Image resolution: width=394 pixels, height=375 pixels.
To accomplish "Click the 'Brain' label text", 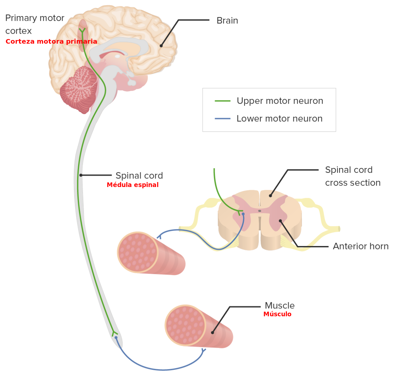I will pos(227,21).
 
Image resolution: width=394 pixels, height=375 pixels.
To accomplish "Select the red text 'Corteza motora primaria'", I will pos(51,42).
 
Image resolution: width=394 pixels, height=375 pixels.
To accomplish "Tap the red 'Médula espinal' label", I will pos(133,185).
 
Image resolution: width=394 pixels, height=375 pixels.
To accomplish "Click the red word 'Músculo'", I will pos(277,314).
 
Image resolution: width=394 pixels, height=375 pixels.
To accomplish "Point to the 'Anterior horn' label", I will pos(361,246).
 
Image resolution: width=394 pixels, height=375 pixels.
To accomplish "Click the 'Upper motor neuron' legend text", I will pos(280,101).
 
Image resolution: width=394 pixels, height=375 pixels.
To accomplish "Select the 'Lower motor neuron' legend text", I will pos(279,119).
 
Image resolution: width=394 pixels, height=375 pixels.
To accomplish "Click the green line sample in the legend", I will pos(223,101).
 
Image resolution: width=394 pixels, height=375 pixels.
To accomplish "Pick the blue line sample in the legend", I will pos(223,119).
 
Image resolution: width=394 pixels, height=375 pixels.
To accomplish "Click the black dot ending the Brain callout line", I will pos(161,46).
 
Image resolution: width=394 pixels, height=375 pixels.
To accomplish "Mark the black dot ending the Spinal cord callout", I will pos(81,175).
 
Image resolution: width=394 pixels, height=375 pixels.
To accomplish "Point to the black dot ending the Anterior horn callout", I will pos(280,221).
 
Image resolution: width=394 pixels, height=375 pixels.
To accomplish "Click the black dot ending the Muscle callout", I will pos(212,333).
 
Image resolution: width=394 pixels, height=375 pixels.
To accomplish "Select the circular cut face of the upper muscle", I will pos(138,252).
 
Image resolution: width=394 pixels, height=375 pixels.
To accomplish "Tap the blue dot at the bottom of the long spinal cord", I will pos(116,338).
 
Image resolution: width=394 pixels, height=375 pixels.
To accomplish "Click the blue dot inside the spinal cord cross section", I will pos(243,214).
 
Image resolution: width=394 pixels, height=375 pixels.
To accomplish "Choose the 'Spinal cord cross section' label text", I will pos(352,176).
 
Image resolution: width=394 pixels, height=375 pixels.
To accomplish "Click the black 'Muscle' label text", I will pos(279,306).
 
